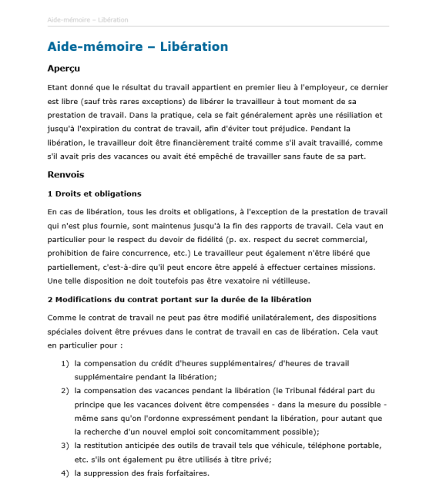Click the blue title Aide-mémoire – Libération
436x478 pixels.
point(138,47)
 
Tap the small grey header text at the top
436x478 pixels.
point(88,19)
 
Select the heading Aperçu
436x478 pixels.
point(64,69)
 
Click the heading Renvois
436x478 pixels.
point(65,174)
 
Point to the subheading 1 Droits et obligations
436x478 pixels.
point(94,194)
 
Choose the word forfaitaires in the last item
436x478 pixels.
point(182,473)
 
